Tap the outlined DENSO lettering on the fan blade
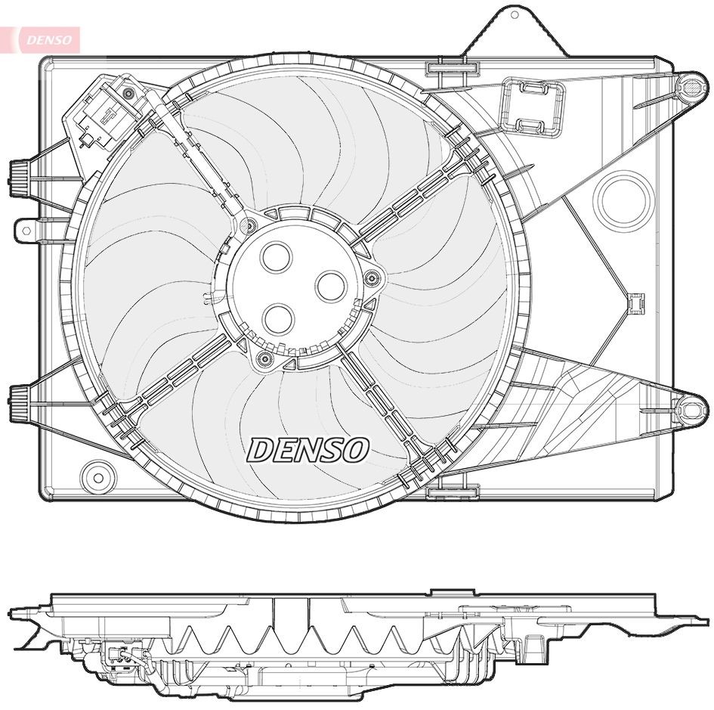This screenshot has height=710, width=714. tap(307, 451)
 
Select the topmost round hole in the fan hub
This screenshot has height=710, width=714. tap(275, 258)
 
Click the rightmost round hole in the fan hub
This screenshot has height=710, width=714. tap(330, 286)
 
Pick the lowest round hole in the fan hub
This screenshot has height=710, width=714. tap(280, 319)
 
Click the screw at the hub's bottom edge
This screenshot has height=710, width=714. tap(264, 358)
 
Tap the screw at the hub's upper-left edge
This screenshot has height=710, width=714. tap(248, 225)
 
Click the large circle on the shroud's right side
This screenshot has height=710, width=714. tap(623, 200)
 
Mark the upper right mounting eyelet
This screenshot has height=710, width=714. tap(689, 87)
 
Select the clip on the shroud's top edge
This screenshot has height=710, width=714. tap(453, 69)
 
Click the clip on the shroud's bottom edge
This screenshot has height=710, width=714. tap(453, 492)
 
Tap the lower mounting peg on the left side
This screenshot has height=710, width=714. tap(20, 398)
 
